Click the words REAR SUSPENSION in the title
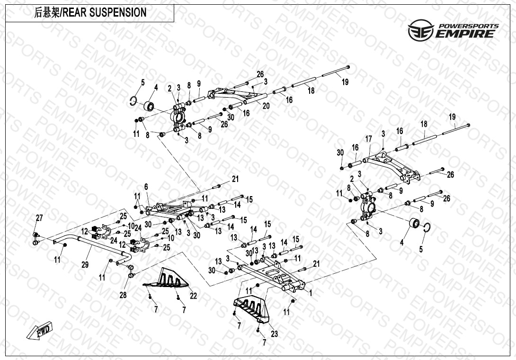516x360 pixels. (x=104, y=12)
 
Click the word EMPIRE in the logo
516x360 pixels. (x=465, y=34)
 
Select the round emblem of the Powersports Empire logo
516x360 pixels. (x=421, y=30)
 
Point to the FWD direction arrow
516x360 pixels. (x=39, y=331)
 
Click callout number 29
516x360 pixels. (x=85, y=264)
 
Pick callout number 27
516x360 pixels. (x=39, y=218)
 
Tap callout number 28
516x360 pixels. (x=123, y=295)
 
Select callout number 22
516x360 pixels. (x=193, y=296)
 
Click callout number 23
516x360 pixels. (x=275, y=333)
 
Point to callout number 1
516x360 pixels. (x=311, y=292)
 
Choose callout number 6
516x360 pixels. (x=146, y=187)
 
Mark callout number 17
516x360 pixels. (x=369, y=139)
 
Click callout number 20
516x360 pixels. (x=266, y=106)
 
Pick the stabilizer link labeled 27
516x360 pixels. (x=36, y=239)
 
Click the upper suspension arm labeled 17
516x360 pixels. (x=391, y=167)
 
